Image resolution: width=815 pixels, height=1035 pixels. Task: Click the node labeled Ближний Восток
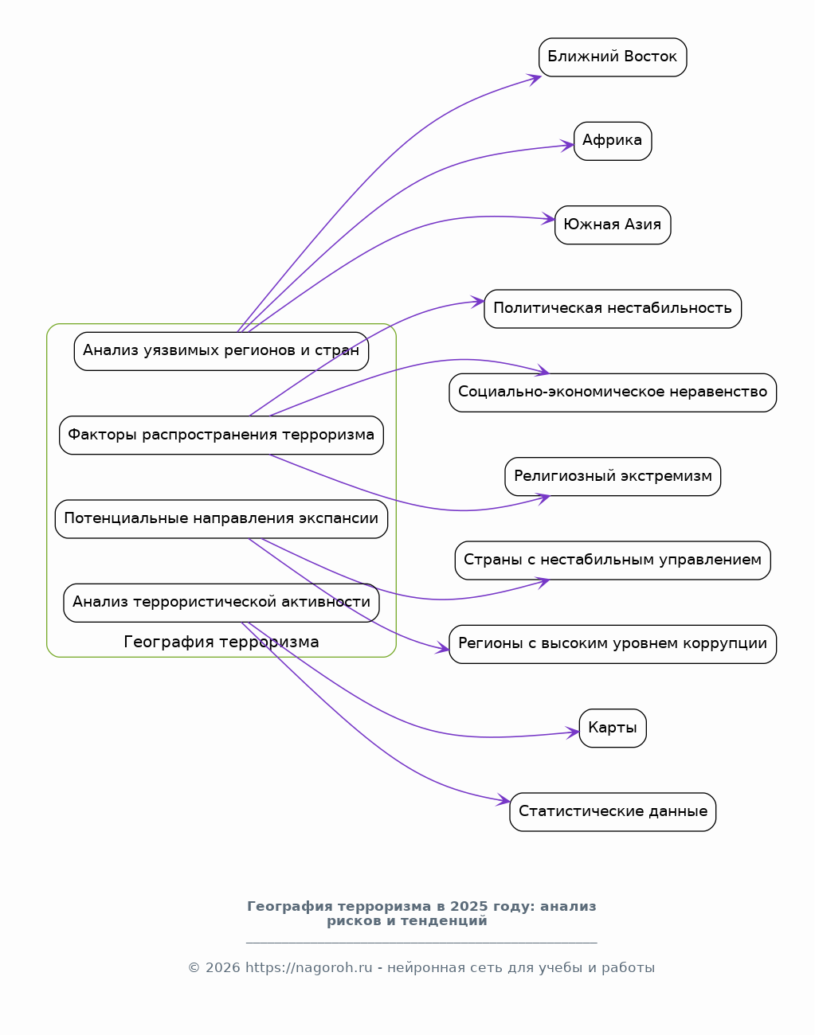coord(613,57)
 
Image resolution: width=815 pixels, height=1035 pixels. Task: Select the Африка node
coord(613,141)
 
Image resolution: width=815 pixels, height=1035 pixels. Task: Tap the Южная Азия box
coord(613,225)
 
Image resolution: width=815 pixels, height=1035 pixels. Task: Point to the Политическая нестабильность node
coord(613,309)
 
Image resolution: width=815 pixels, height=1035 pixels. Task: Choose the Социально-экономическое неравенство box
coord(613,393)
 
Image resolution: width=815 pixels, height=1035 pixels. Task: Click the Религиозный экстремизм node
coord(613,477)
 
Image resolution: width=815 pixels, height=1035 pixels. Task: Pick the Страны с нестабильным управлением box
coord(613,560)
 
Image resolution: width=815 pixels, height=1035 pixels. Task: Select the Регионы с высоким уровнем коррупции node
coord(613,644)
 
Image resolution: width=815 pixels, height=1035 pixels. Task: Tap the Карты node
coord(613,728)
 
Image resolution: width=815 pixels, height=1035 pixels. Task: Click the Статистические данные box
coord(613,812)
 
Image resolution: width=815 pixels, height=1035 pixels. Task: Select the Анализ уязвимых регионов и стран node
coord(221,351)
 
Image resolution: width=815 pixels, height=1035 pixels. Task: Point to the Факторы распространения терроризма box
coord(221,435)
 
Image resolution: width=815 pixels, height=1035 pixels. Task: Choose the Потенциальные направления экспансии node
coord(221,519)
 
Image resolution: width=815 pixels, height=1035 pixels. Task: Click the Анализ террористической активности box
coord(221,603)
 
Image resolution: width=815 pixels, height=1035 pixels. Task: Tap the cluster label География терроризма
coord(221,642)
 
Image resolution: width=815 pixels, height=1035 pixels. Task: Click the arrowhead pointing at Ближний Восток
coord(535,79)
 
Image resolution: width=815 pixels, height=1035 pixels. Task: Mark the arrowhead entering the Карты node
coord(573,732)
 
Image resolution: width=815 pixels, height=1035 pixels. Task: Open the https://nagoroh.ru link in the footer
coord(308,967)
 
